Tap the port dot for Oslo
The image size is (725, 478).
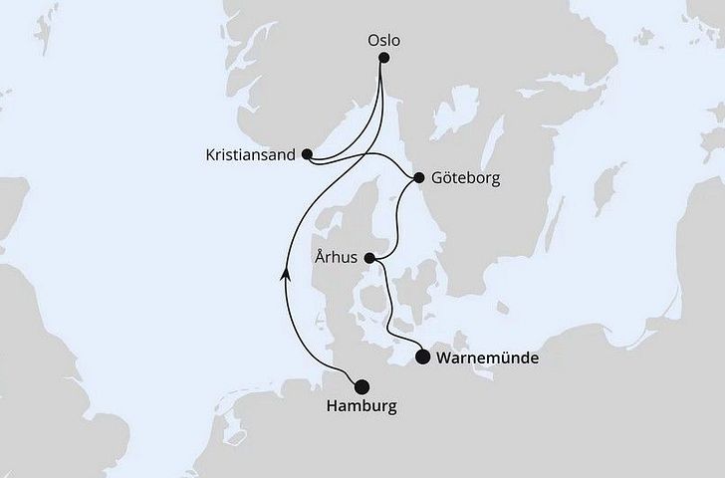point(384,57)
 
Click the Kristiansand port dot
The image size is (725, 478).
point(307,154)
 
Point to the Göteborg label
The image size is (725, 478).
point(466,179)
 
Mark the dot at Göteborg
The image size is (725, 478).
point(418,179)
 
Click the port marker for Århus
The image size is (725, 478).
point(370,259)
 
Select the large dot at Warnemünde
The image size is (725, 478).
point(422,356)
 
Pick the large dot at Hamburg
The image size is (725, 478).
point(361,387)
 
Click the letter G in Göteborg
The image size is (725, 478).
point(439,179)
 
